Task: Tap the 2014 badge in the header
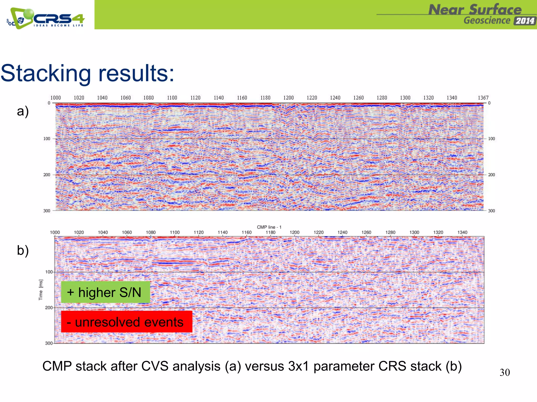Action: [x=524, y=21]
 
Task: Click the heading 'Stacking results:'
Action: [x=87, y=73]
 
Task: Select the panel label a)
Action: [x=23, y=111]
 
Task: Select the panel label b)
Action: [x=23, y=250]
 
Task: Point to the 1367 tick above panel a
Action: [x=483, y=98]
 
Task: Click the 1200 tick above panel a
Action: [x=288, y=98]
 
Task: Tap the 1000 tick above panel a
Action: [x=56, y=98]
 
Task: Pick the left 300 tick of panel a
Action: [x=47, y=211]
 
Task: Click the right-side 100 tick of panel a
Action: [x=491, y=139]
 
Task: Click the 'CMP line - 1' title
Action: [x=269, y=227]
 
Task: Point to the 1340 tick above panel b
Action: [x=462, y=232]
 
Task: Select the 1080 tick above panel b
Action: [x=151, y=232]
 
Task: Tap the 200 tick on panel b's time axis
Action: [x=49, y=308]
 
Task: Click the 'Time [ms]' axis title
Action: [x=41, y=290]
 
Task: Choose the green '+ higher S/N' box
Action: [x=105, y=292]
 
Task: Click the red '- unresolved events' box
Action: [x=127, y=322]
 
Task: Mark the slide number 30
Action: [x=504, y=372]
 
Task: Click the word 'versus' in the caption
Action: [x=264, y=366]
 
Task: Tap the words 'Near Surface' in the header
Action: [x=475, y=10]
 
